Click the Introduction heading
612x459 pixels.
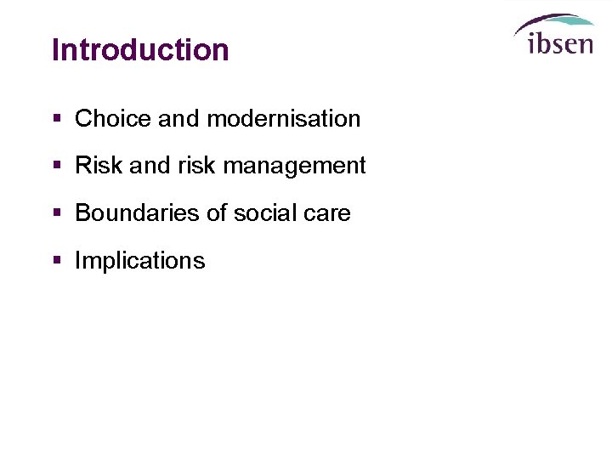(140, 49)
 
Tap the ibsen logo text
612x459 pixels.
(560, 42)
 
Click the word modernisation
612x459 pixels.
(284, 119)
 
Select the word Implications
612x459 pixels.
(140, 261)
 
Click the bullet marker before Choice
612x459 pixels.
(57, 119)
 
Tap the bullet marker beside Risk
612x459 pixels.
(57, 166)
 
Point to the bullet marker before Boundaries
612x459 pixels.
(57, 213)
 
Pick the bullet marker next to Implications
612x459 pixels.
(57, 260)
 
